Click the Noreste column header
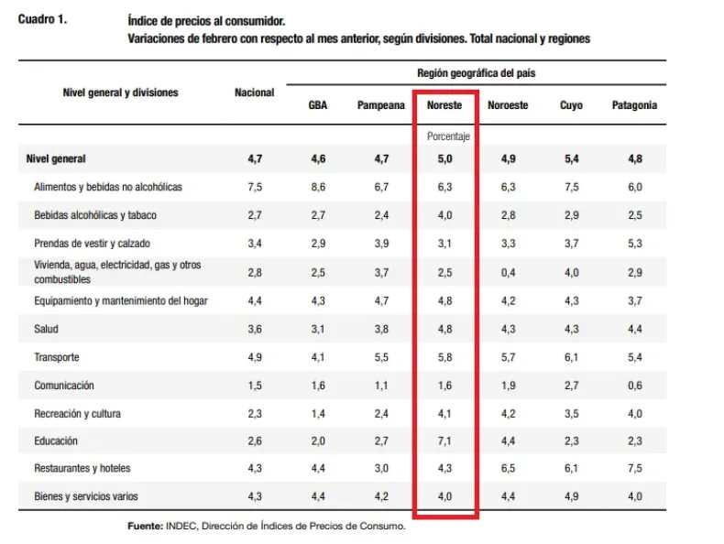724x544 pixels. (444, 105)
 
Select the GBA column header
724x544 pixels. (318, 105)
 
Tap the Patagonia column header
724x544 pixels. (634, 105)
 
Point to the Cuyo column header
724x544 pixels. (571, 105)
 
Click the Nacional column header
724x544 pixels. (254, 92)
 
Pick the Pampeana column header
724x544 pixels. (381, 105)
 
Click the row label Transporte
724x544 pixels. (57, 357)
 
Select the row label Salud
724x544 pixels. (47, 329)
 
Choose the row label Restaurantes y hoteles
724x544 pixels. (82, 468)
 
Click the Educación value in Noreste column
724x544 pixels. (445, 441)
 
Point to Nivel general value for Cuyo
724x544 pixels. (571, 158)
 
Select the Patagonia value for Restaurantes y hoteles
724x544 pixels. (634, 468)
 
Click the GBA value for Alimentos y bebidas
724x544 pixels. (318, 187)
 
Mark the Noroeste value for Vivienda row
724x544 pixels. (508, 272)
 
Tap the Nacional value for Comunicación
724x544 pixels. (254, 386)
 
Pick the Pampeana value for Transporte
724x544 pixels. (381, 357)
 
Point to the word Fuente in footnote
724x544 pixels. (145, 526)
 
